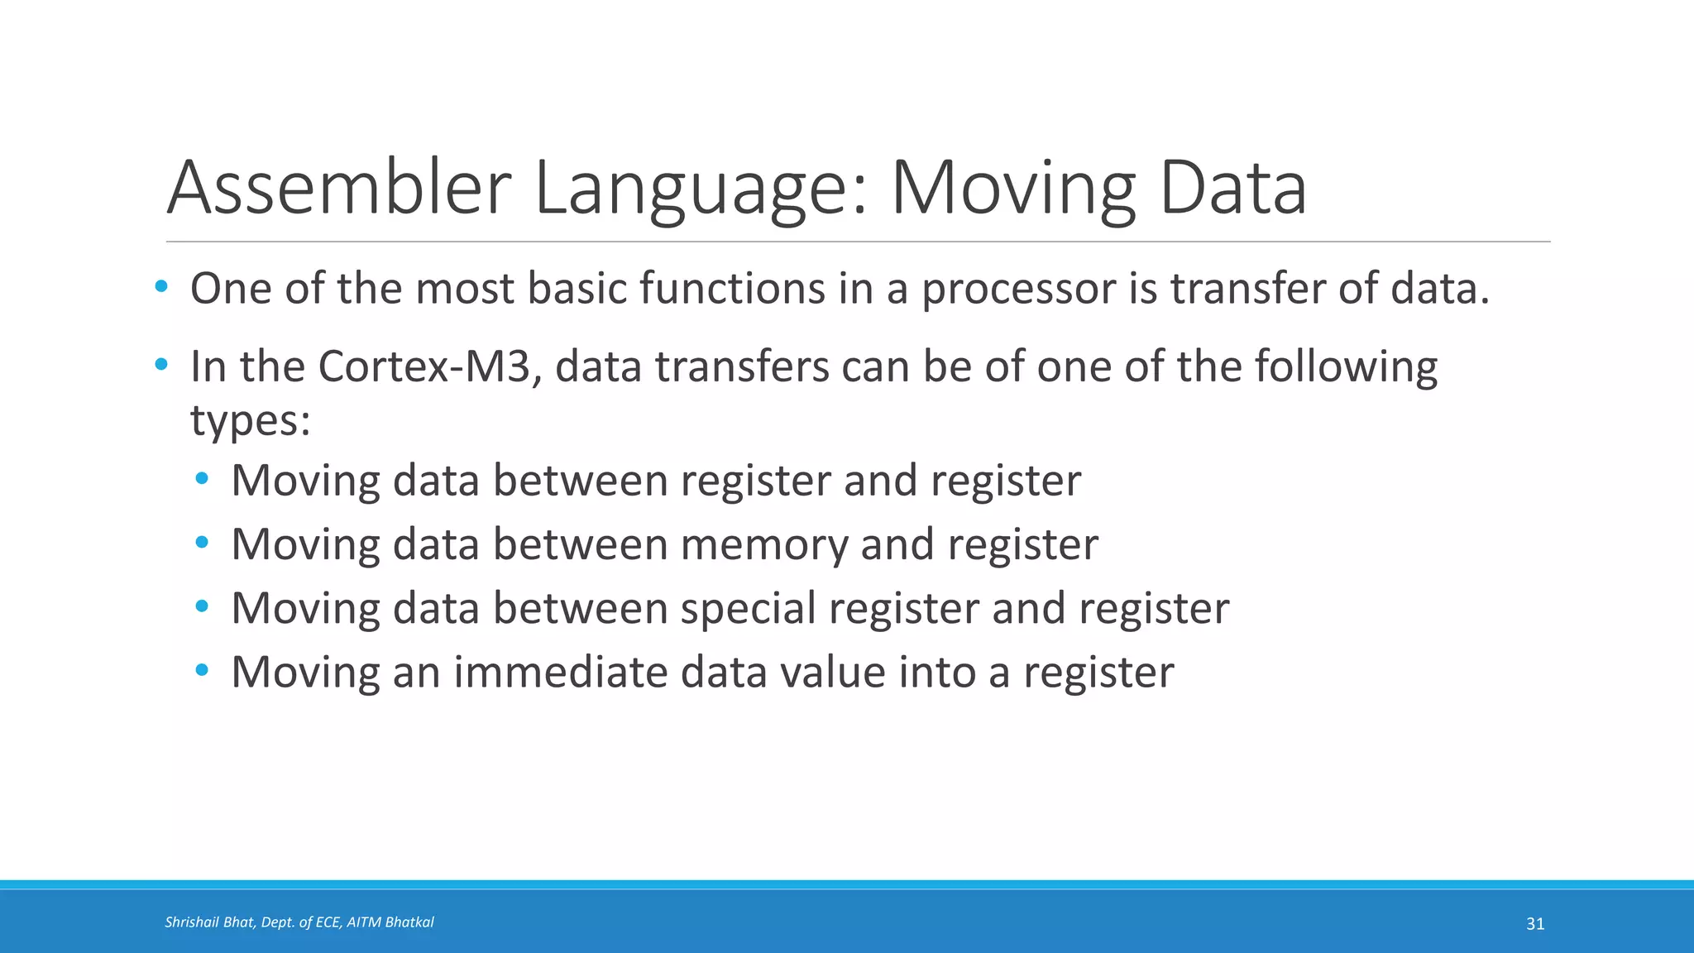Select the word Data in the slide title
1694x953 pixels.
point(1232,189)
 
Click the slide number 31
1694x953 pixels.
point(1535,924)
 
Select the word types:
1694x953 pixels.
point(251,420)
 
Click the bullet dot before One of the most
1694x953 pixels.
point(161,287)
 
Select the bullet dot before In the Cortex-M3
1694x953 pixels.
point(161,364)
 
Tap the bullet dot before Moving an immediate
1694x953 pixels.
point(203,669)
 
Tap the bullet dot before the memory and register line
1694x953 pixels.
point(203,542)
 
